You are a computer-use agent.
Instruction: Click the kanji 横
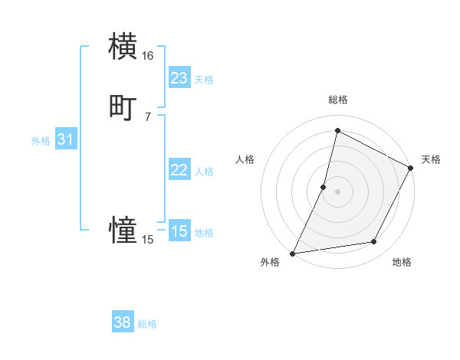123,46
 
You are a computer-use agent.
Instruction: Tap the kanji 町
123,107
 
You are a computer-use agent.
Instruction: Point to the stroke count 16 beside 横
147,56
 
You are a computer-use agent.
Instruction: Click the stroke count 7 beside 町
147,116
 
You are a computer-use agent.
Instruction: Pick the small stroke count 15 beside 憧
147,240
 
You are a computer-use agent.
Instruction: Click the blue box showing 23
179,78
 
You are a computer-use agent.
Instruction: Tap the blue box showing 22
179,170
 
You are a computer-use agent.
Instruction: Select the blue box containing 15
179,231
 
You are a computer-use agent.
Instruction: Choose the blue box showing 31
65,139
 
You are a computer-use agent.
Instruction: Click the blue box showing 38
122,322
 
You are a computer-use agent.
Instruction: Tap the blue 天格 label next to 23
203,80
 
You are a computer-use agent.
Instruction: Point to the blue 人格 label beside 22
204,172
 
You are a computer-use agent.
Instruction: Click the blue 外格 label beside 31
41,141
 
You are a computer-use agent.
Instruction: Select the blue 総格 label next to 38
147,324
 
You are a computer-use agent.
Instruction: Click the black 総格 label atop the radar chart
337,100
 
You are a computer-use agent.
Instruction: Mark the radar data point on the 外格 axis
293,253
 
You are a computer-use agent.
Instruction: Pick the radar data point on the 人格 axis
324,187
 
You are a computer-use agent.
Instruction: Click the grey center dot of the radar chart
337,191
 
